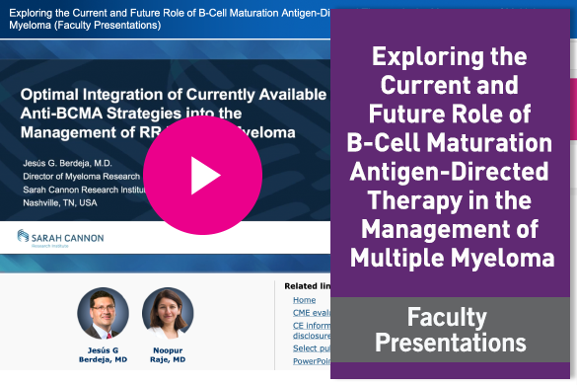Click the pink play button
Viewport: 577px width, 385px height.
205,176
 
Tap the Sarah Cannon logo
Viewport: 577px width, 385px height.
60,238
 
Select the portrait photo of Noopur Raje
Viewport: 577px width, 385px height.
168,313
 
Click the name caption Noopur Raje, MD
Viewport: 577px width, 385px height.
167,354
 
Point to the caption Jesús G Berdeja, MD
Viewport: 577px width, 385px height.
103,354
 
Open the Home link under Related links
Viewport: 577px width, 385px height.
304,299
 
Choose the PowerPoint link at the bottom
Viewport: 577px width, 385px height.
310,361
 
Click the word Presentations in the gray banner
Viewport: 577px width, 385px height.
454,343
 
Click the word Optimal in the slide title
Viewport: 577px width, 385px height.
53,95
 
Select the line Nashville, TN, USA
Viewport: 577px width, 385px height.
60,202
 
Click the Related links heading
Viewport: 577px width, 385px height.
306,286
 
